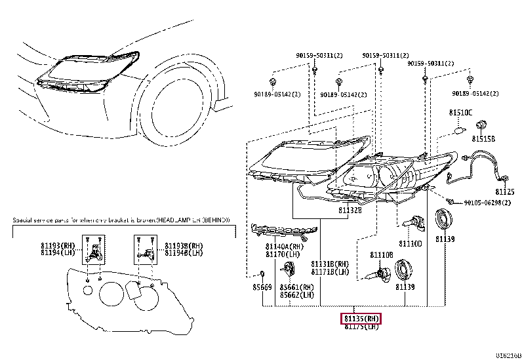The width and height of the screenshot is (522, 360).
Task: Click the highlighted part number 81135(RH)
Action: pos(361,319)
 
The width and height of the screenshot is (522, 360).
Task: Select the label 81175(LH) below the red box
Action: pos(361,327)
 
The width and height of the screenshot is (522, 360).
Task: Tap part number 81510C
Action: pos(460,113)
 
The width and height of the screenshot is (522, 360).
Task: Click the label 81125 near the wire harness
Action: pos(505,191)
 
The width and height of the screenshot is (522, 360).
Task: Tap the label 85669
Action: pos(262,287)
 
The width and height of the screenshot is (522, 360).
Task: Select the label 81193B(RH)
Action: pos(177,245)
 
